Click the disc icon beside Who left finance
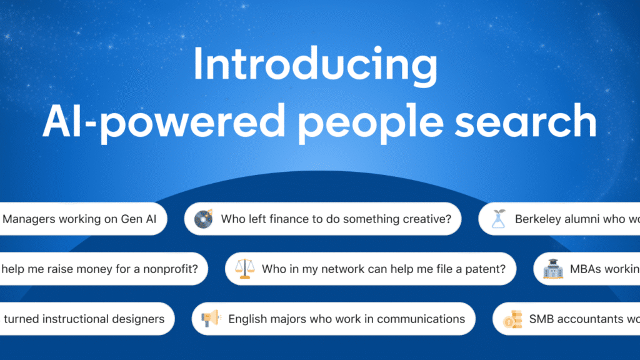tap(204, 219)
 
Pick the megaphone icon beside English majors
tap(211, 319)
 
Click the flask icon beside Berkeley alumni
tap(498, 219)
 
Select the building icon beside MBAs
tap(552, 269)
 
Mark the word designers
tap(136, 319)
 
